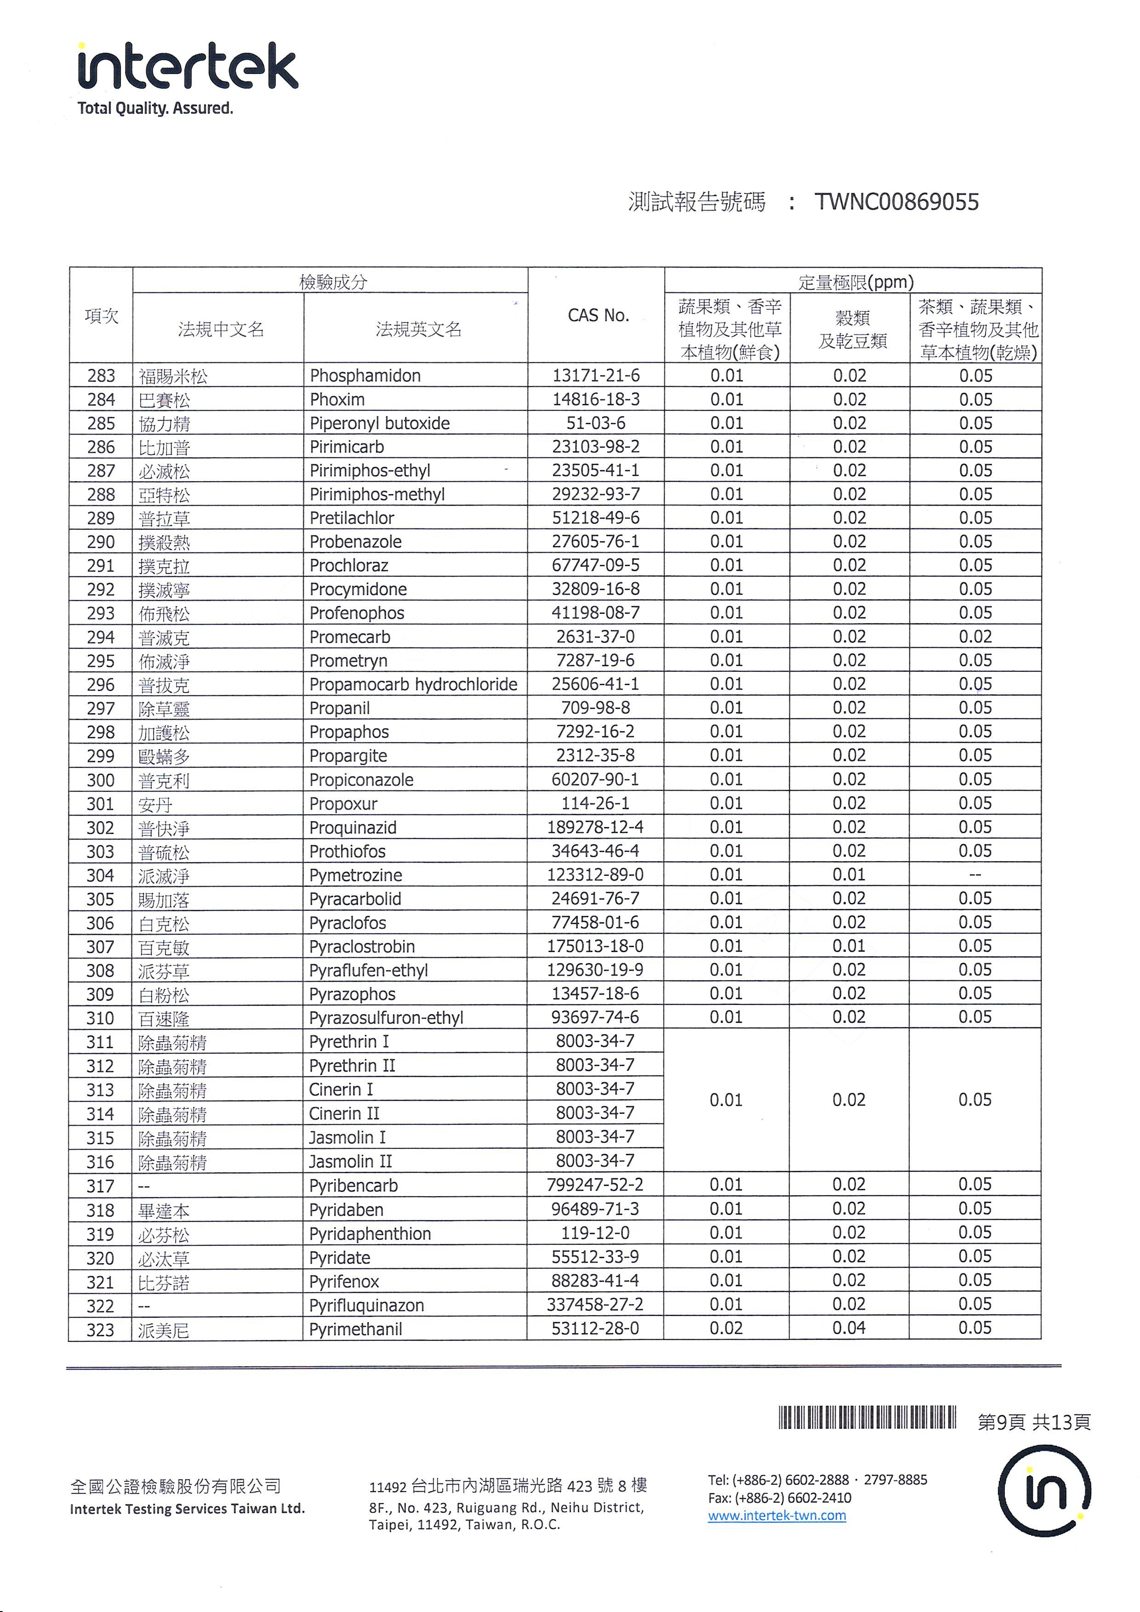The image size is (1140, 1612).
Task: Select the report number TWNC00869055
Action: (896, 202)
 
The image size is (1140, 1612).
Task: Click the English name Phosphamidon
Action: (365, 375)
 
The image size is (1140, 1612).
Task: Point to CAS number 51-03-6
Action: (596, 423)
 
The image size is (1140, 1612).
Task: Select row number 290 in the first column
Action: (101, 542)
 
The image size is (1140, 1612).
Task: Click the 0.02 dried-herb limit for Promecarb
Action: (975, 637)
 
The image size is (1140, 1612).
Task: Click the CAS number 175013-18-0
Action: (595, 947)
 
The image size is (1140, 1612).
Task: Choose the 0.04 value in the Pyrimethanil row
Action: (849, 1328)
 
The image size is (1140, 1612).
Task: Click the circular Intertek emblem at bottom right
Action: (1044, 1491)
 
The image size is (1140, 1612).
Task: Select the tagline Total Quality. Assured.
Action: (155, 108)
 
